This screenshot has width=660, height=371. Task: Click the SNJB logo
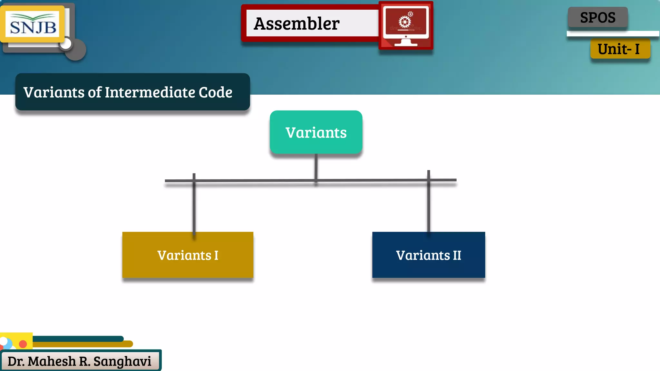33,24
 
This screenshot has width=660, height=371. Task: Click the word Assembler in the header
296,24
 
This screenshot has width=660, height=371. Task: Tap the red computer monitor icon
406,25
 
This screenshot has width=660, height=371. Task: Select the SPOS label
597,17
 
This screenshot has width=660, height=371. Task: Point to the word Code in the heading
215,92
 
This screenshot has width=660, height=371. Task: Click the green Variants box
316,132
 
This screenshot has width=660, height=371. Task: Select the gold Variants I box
188,255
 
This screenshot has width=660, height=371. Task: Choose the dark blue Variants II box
428,255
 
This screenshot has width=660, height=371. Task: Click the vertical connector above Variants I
194,206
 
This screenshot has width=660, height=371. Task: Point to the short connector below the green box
316,166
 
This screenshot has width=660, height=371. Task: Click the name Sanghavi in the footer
122,361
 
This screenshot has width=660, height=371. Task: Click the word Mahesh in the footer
52,361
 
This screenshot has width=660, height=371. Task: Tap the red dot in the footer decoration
23,344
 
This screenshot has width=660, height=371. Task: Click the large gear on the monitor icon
404,22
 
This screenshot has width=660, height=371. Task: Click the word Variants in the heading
54,92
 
